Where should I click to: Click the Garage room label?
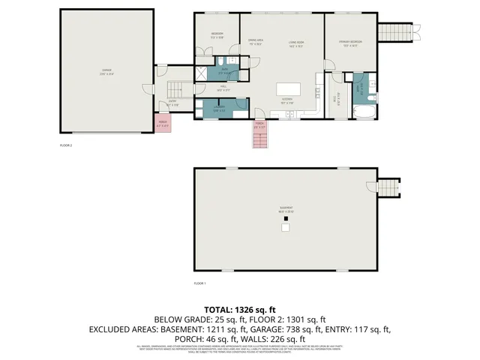pos(107,72)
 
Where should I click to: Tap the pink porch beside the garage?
pos(163,124)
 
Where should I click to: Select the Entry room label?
pos(172,103)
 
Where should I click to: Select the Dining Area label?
pos(255,42)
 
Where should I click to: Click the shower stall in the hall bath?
pos(203,73)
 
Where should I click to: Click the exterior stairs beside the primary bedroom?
pos(394,32)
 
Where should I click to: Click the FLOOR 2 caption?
pos(66,145)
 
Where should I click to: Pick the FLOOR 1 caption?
pos(199,283)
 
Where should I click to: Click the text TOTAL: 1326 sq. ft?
pos(240,309)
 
